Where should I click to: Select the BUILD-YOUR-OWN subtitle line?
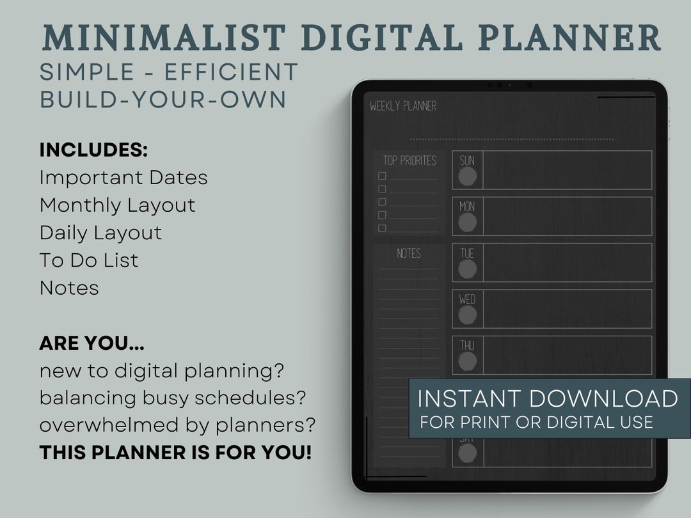pyautogui.click(x=163, y=100)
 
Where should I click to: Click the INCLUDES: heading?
pyautogui.click(x=93, y=150)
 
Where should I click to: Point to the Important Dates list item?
pyautogui.click(x=123, y=178)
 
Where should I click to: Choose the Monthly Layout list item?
pyautogui.click(x=117, y=205)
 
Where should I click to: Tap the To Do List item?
pyautogui.click(x=89, y=260)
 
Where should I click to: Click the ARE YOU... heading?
pyautogui.click(x=91, y=343)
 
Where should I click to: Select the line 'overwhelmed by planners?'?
pyautogui.click(x=177, y=425)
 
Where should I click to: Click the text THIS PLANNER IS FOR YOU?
pyautogui.click(x=175, y=453)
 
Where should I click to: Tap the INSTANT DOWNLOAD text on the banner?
pyautogui.click(x=548, y=398)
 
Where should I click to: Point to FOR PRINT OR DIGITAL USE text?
pyautogui.click(x=536, y=422)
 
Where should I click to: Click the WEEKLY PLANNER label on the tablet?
pyautogui.click(x=402, y=106)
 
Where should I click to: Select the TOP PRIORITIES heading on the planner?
pyautogui.click(x=409, y=161)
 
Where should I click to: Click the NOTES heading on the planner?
pyautogui.click(x=409, y=253)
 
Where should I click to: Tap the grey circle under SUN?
pyautogui.click(x=468, y=177)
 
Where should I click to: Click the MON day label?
pyautogui.click(x=467, y=207)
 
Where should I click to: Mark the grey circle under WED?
pyautogui.click(x=468, y=315)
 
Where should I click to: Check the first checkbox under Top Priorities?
pyautogui.click(x=382, y=176)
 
